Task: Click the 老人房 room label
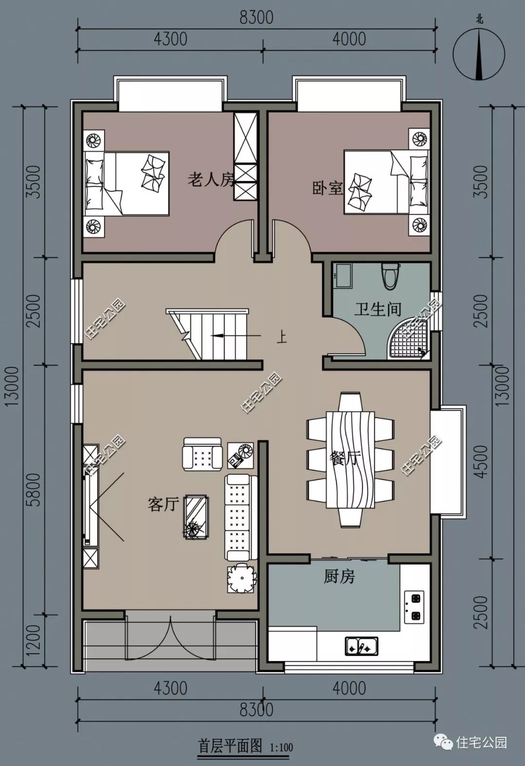click(x=211, y=179)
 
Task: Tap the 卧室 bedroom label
click(x=328, y=188)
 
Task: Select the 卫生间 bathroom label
click(x=377, y=309)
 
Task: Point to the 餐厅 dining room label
click(x=344, y=458)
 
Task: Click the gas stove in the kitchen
click(x=414, y=606)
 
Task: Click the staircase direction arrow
click(x=236, y=336)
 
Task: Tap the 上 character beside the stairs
click(x=281, y=338)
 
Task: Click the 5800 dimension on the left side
click(x=35, y=490)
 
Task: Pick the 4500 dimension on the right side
click(x=481, y=462)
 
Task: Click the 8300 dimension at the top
click(x=256, y=18)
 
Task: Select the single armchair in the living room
click(x=202, y=454)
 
